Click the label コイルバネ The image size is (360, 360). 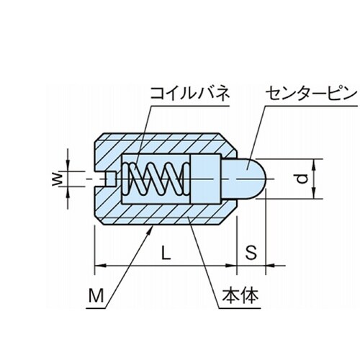pyautogui.click(x=189, y=94)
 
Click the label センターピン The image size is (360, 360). pyautogui.click(x=311, y=94)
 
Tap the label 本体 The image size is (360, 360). pyautogui.click(x=240, y=295)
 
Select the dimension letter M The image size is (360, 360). pyautogui.click(x=96, y=296)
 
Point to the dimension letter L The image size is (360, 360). pyautogui.click(x=166, y=253)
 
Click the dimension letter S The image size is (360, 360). pyautogui.click(x=251, y=253)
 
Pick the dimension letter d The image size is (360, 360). pyautogui.click(x=302, y=179)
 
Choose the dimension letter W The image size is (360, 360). pyautogui.click(x=58, y=179)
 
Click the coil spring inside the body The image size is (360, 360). pyautogui.click(x=156, y=179)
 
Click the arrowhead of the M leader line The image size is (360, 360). pyautogui.click(x=150, y=230)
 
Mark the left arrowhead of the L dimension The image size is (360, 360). pyautogui.click(x=100, y=266)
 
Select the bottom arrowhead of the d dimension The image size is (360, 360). pyautogui.click(x=314, y=194)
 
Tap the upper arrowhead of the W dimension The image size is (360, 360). pyautogui.click(x=68, y=166)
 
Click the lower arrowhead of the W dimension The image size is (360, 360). pyautogui.click(x=68, y=192)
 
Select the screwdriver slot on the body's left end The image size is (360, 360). pyautogui.click(x=104, y=179)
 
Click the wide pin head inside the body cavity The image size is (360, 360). pyautogui.click(x=206, y=179)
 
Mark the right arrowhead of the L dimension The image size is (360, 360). pyautogui.click(x=231, y=266)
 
